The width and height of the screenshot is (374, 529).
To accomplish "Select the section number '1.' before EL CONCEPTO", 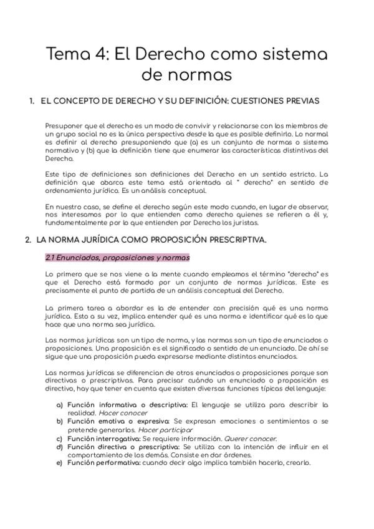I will pos(31,100).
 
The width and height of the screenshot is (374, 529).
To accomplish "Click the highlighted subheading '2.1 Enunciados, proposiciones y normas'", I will pos(118,257).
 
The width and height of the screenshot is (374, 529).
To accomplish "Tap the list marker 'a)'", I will pos(60,405).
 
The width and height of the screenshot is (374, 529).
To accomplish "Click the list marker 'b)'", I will pos(60,422).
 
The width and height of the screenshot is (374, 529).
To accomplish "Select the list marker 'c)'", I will pos(60,439).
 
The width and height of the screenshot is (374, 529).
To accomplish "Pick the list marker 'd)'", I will pos(60,447).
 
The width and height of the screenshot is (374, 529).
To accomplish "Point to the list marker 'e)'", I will pos(60,463).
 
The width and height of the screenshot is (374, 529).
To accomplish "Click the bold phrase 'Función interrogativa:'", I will pos(104,439).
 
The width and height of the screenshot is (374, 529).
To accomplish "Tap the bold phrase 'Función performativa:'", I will pos(103,463).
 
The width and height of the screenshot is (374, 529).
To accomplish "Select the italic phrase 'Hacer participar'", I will pos(165,430).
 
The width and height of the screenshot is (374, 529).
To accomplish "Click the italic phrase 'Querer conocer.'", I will pos(250,439).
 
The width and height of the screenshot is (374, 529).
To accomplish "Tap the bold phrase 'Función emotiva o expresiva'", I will pos(118,422).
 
